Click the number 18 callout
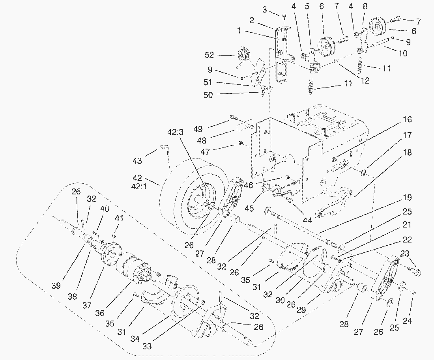[x=408, y=153]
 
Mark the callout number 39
[x=56, y=285]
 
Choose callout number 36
[x=99, y=313]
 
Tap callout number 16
[x=408, y=119]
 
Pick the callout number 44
[x=307, y=220]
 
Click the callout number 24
[x=407, y=321]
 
